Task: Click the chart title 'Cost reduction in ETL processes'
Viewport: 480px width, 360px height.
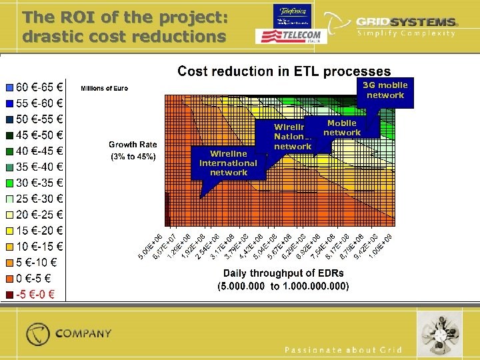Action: click(x=284, y=71)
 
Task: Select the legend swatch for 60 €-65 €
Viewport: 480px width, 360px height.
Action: click(x=9, y=87)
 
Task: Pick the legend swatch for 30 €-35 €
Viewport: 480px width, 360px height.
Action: click(x=9, y=183)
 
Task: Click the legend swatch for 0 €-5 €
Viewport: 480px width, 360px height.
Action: click(x=9, y=279)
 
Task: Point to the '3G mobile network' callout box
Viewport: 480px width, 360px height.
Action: click(x=385, y=91)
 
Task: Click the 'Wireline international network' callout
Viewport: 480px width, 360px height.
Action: click(x=228, y=163)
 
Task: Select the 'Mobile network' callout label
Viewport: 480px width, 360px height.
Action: click(x=342, y=127)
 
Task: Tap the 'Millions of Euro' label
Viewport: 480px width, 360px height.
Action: click(x=104, y=88)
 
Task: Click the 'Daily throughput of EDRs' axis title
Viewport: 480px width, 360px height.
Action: click(x=283, y=273)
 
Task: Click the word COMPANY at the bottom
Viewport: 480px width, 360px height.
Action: click(x=83, y=333)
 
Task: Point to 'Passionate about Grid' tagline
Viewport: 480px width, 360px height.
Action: click(x=343, y=350)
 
